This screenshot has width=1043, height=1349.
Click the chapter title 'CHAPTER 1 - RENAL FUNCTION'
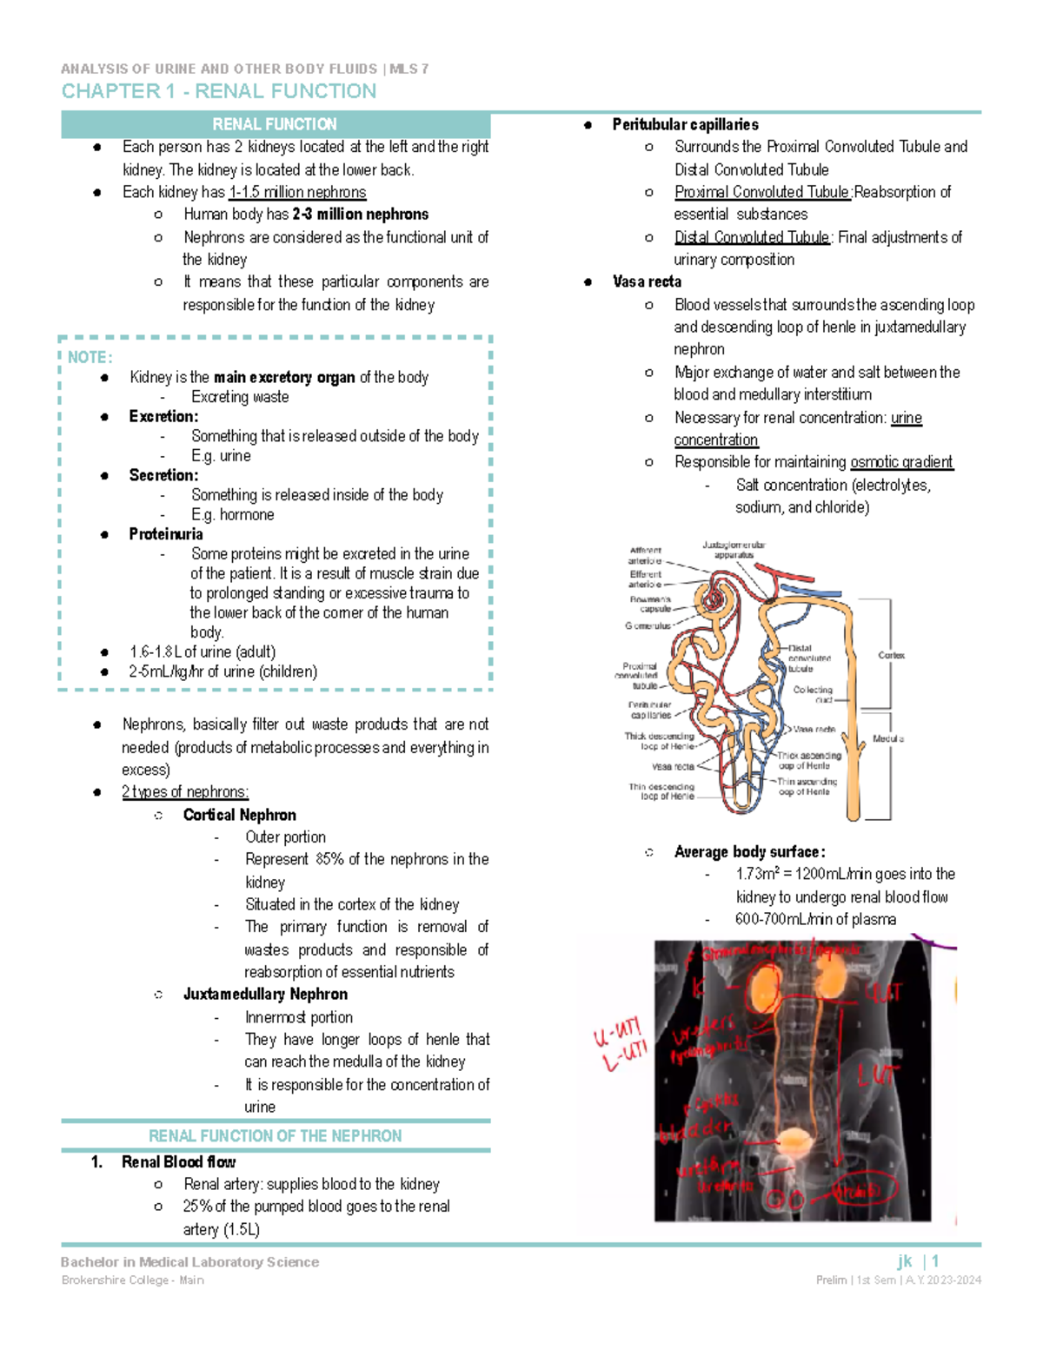tap(218, 91)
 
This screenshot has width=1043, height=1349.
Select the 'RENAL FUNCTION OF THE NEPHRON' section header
tap(275, 1136)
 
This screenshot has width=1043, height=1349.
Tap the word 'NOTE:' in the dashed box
tap(90, 357)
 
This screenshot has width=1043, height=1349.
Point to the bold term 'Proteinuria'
tap(166, 534)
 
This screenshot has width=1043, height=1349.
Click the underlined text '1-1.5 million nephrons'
tap(297, 192)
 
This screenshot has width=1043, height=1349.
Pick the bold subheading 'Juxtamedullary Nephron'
tap(265, 994)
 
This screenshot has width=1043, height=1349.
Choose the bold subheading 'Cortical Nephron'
tap(239, 815)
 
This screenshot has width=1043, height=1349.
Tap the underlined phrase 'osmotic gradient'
tap(901, 462)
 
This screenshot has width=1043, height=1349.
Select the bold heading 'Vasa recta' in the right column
tap(647, 281)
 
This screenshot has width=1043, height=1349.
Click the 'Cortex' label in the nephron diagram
tap(891, 655)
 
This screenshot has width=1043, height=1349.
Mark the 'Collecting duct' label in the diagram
tap(813, 694)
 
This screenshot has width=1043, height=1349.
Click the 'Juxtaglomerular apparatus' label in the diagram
tap(734, 550)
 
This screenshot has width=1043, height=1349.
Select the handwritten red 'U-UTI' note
tap(616, 1033)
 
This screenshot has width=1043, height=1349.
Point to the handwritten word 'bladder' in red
tap(695, 1130)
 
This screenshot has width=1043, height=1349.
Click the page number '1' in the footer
tap(935, 1261)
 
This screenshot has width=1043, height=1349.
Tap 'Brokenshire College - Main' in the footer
tap(133, 1280)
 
